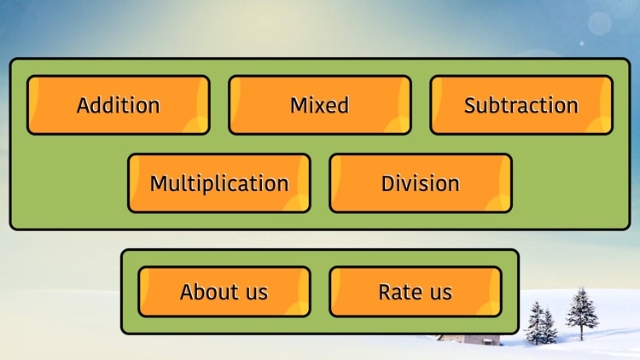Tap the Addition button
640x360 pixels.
pos(118,105)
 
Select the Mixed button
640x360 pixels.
pos(319,105)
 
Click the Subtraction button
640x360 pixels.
pos(521,105)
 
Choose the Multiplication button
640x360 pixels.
pos(218,183)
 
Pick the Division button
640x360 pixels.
pos(420,183)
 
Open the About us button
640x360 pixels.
pos(224,292)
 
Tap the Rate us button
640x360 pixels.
pos(415,292)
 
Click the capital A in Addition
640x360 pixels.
pos(84,105)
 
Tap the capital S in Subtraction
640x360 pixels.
pos(470,105)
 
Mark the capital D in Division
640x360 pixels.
pos(388,183)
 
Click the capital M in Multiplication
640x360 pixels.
pos(160,183)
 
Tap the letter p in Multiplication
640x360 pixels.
pos(219,186)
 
